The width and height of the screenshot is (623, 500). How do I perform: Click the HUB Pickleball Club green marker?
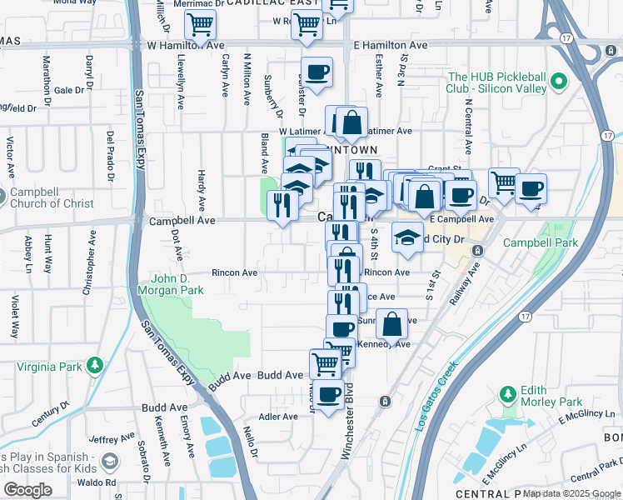[x=559, y=83]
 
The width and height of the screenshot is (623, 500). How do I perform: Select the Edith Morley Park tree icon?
[x=506, y=392]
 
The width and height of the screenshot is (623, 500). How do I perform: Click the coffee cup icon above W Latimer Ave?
[x=316, y=72]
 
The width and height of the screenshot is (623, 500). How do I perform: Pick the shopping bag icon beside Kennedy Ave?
[x=391, y=323]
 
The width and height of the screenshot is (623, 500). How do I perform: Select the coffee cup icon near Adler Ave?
[x=329, y=392]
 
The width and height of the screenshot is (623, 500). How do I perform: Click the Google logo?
[x=27, y=489]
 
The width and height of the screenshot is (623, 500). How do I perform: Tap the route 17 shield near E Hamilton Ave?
[x=566, y=38]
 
